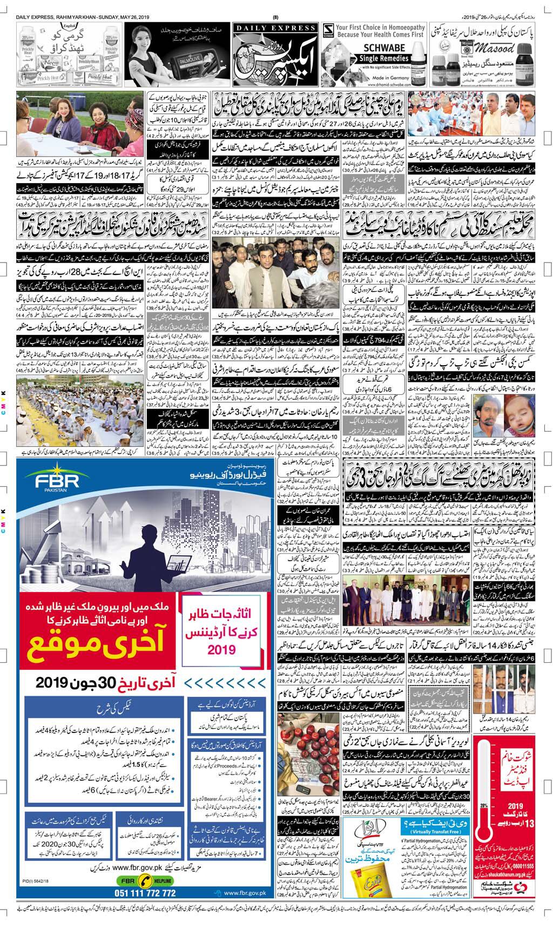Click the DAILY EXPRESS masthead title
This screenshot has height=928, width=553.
pos(275,28)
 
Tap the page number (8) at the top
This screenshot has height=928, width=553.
pos(276,16)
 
